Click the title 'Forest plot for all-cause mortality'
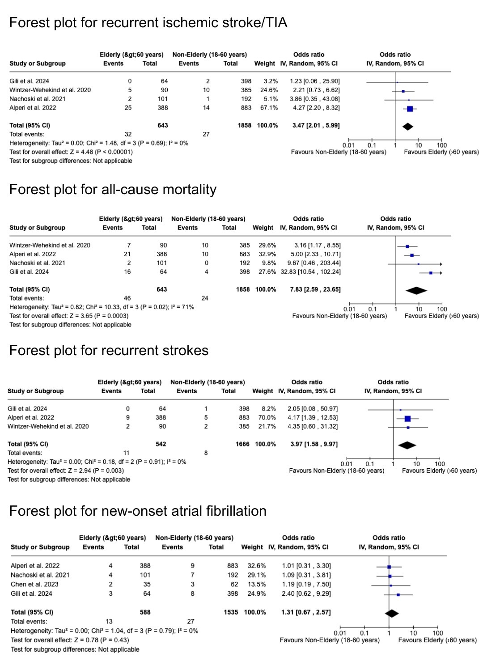pyautogui.click(x=113, y=190)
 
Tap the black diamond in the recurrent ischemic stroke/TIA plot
pyautogui.click(x=407, y=126)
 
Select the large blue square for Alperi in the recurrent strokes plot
pyautogui.click(x=407, y=419)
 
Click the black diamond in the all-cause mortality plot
pyautogui.click(x=416, y=290)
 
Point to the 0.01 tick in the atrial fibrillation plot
pyautogui.click(x=340, y=633)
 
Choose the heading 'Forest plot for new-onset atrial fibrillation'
pyautogui.click(x=138, y=511)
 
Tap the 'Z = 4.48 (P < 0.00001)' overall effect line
pyautogui.click(x=71, y=152)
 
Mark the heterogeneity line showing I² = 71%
pyautogui.click(x=102, y=307)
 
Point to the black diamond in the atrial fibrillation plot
pyautogui.click(x=391, y=613)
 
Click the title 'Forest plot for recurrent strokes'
pyautogui.click(x=109, y=351)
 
